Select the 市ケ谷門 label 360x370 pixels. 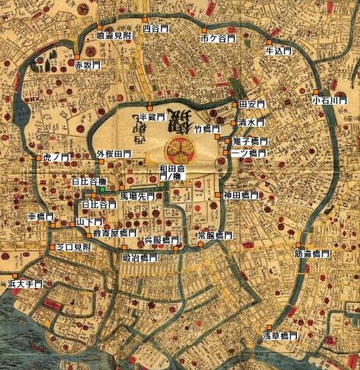(218, 40)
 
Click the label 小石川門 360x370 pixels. (330, 100)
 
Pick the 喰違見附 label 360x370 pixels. (115, 34)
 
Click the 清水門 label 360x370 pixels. (252, 123)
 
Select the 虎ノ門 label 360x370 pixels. (56, 158)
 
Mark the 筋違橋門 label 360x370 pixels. (312, 254)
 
